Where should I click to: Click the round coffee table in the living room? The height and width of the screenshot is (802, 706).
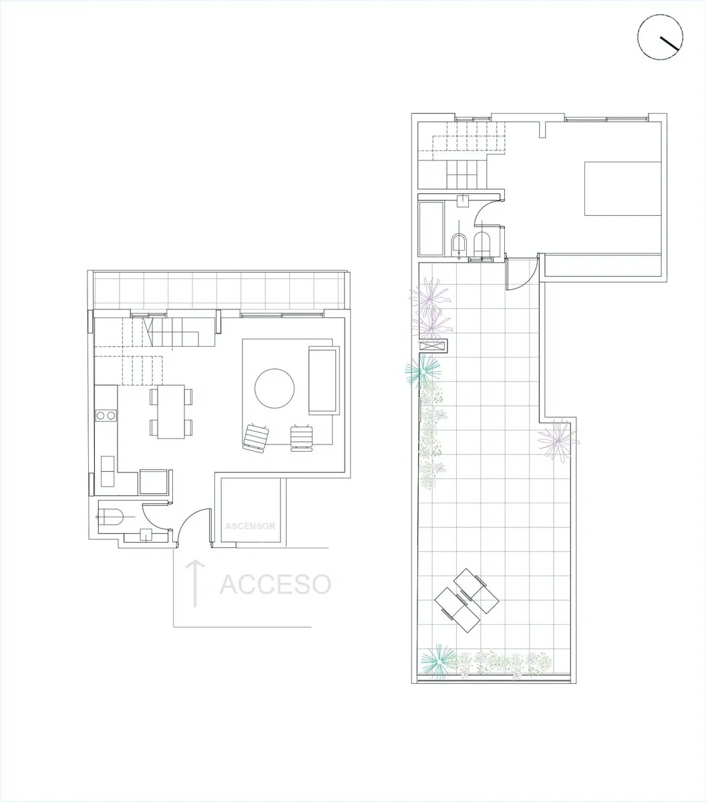275,388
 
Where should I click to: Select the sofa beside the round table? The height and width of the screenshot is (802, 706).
324,380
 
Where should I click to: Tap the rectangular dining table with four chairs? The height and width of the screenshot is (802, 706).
171,412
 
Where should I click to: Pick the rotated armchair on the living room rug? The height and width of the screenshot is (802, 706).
256,437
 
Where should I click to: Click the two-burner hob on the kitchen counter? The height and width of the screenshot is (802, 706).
106,415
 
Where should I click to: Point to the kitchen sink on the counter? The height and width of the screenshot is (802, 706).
108,471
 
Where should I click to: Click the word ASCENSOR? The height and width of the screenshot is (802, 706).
250,526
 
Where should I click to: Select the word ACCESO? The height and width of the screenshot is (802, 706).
275,584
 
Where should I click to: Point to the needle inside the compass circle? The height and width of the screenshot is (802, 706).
669,43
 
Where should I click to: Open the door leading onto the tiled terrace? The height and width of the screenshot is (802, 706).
522,273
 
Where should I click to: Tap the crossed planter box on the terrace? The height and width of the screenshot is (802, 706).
433,346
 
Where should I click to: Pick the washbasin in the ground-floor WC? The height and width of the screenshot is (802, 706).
146,535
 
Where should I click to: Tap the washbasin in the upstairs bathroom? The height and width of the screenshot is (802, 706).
462,200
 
